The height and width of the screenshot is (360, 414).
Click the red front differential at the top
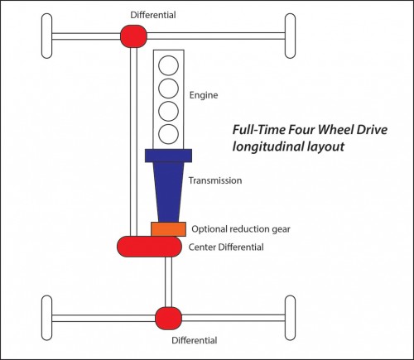pyautogui.click(x=133, y=36)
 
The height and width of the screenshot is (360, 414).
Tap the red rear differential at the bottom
pyautogui.click(x=168, y=318)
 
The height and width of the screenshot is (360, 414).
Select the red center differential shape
pyautogui.click(x=149, y=247)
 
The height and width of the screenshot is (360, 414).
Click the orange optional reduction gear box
pyautogui.click(x=168, y=229)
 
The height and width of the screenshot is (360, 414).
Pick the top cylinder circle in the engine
pyautogui.click(x=168, y=65)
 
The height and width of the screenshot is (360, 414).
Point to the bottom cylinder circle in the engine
pyautogui.click(x=168, y=134)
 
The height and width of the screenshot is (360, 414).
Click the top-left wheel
pyautogui.click(x=46, y=36)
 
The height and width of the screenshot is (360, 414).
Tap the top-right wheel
pyautogui.click(x=290, y=36)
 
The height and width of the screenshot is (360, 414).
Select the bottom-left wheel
pyautogui.click(x=46, y=318)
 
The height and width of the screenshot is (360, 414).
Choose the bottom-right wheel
pyautogui.click(x=290, y=318)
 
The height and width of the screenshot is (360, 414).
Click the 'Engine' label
pyautogui.click(x=204, y=95)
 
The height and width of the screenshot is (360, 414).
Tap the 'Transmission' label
pyautogui.click(x=215, y=180)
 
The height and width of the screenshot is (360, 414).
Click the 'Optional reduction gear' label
pyautogui.click(x=241, y=229)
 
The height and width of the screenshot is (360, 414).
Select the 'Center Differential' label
pyautogui.click(x=226, y=247)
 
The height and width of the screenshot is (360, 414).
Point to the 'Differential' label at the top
pyautogui.click(x=153, y=15)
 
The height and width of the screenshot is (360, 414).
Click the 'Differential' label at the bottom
pyautogui.click(x=195, y=340)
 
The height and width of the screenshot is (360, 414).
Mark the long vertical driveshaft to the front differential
pyautogui.click(x=133, y=142)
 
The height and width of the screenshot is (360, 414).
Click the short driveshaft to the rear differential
pyautogui.click(x=168, y=282)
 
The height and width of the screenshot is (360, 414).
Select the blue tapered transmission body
pyautogui.click(x=168, y=185)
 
